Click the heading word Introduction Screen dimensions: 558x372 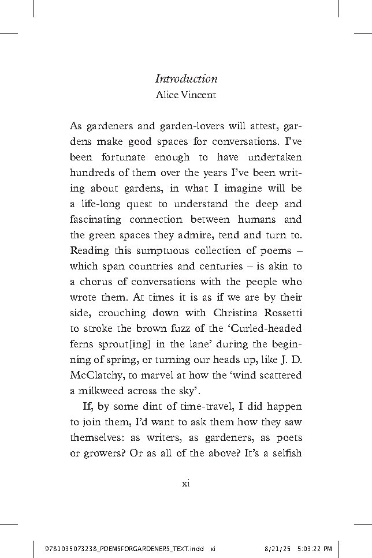186,79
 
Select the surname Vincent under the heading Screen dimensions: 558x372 200,95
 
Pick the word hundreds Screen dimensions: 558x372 94,173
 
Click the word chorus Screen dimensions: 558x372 96,282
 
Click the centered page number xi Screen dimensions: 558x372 186,483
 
